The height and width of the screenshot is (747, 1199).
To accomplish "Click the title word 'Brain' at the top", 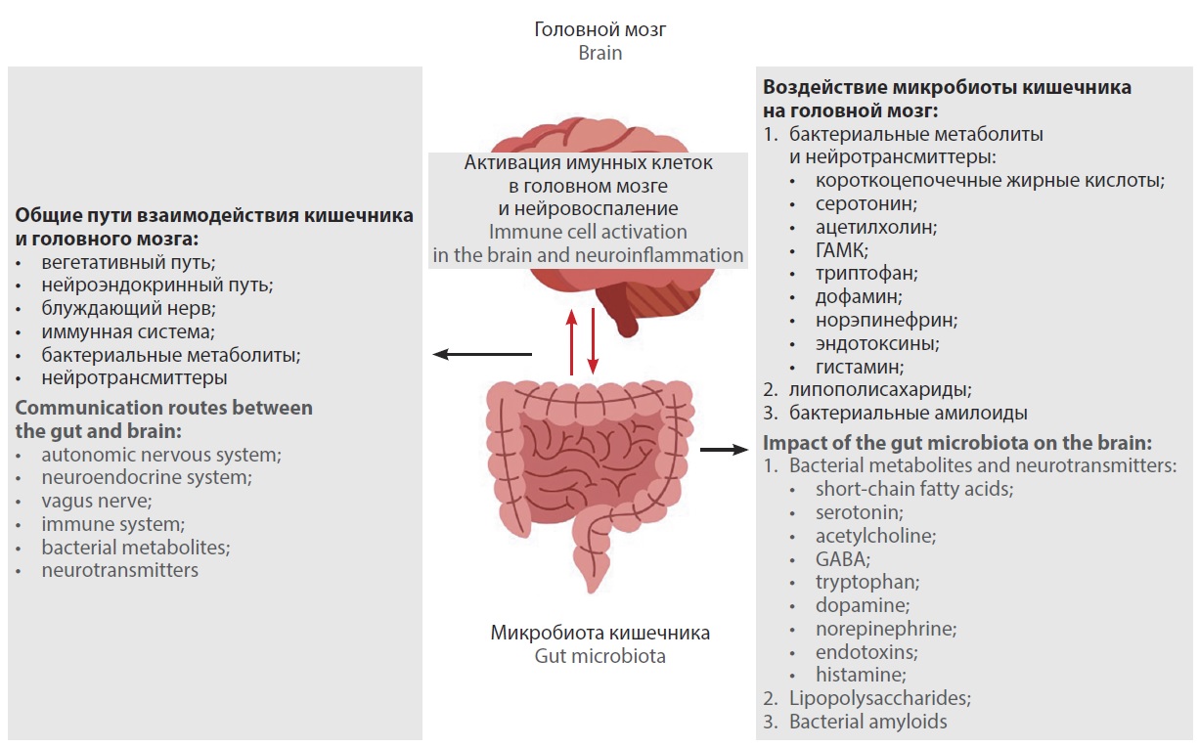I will coord(599,53).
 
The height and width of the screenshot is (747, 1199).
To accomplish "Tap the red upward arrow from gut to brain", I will coord(572,341).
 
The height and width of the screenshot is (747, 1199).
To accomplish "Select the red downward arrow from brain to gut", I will coord(592,341).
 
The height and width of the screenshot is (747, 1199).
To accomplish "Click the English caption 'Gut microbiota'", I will coord(599,656).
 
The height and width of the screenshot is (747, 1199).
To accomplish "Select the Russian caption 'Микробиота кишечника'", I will coord(599,633).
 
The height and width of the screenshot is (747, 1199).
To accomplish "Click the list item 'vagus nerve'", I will coord(96,501).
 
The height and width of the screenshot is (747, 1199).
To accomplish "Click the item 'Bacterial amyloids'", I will coord(867,723).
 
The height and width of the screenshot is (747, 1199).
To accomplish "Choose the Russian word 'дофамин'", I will coord(859,296).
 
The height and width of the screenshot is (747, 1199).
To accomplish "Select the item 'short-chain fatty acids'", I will coord(913,489).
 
